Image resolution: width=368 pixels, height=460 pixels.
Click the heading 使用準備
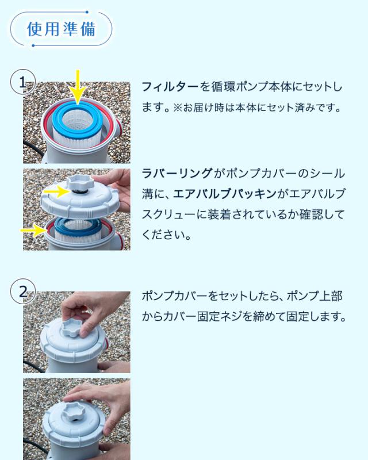click(x=61, y=29)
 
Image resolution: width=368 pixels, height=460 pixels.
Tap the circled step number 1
click(x=23, y=82)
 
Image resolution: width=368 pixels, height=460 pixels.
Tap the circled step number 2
click(x=23, y=292)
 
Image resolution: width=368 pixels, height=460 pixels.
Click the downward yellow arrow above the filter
click(x=78, y=87)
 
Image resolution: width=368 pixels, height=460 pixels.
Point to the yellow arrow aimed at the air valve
click(x=56, y=191)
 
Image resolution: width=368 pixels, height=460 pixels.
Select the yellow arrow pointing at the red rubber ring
click(x=33, y=231)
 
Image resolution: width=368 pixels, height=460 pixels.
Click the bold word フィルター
click(x=170, y=87)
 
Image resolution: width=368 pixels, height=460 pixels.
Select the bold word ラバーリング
click(x=177, y=173)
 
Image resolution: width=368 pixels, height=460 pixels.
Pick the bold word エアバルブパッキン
click(x=224, y=194)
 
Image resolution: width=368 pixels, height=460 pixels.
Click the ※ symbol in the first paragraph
click(x=178, y=108)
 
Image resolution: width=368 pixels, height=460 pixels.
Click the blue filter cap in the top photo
click(x=78, y=121)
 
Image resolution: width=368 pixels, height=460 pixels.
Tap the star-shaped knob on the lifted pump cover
click(x=80, y=183)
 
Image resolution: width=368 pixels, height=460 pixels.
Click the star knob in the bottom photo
click(x=73, y=411)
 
